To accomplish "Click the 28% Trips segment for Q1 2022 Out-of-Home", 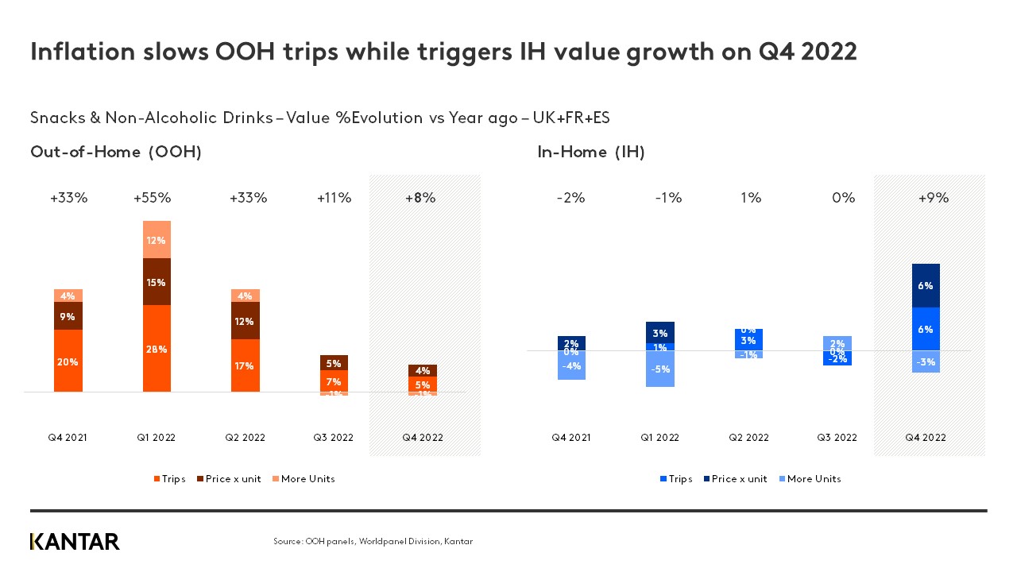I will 157,349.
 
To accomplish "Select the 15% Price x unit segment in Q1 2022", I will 157,282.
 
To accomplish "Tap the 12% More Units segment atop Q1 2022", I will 157,240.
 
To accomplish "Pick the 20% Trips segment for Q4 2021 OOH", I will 68,361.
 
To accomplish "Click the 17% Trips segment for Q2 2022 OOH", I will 245,365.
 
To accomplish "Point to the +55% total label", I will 152,199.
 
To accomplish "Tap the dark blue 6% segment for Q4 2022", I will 926,285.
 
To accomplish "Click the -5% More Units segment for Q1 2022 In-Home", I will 660,369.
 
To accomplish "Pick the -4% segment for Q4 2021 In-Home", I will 571,365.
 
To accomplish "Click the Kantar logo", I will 75,542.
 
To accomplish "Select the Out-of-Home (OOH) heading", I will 116,153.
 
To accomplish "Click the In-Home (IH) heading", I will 591,153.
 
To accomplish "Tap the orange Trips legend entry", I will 169,479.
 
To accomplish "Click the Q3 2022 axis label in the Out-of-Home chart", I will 334,438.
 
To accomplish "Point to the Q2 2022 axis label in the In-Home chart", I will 748,438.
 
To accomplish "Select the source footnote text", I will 373,542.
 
